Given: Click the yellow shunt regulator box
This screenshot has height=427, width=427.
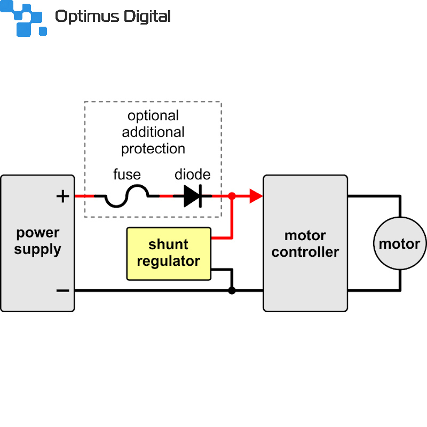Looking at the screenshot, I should (x=169, y=254).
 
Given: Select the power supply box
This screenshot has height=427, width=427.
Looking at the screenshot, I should (x=37, y=267).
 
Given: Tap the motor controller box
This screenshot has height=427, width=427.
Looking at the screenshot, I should (x=305, y=278).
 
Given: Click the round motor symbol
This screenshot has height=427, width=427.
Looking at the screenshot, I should (x=399, y=243).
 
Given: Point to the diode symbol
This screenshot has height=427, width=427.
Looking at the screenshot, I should (x=193, y=196).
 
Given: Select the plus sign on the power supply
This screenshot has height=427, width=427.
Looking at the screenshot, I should (x=63, y=196).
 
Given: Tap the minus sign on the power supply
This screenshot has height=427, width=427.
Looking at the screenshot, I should (x=63, y=291).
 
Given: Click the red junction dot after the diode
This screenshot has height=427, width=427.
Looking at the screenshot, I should (x=232, y=196).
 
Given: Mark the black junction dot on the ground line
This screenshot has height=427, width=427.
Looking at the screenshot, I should (x=232, y=291).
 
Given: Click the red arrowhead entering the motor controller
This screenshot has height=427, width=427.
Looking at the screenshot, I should (x=256, y=196).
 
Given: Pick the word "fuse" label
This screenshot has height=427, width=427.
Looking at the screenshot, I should (x=127, y=175).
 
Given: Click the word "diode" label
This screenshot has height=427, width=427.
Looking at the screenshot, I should (x=193, y=175).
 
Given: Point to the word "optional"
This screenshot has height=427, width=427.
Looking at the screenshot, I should (x=153, y=116).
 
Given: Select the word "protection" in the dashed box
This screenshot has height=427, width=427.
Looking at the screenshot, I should (x=153, y=148).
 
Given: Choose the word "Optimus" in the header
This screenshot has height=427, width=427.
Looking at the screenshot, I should (x=85, y=17).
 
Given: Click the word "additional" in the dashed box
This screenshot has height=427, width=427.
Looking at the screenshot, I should (x=153, y=132).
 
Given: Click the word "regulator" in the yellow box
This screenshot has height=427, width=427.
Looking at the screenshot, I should (x=169, y=261).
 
